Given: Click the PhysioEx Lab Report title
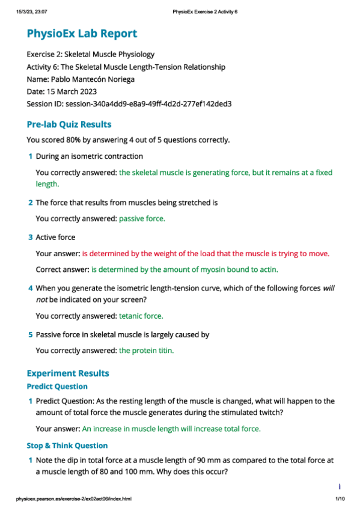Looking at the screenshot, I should pyautogui.click(x=82, y=34).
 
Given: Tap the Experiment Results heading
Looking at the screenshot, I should pyautogui.click(x=68, y=373).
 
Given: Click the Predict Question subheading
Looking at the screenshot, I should pyautogui.click(x=57, y=387).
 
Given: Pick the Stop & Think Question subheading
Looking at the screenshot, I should pyautogui.click(x=67, y=446).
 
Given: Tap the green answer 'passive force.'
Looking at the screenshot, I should pyautogui.click(x=142, y=218).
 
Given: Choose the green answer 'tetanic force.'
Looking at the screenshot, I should pyautogui.click(x=141, y=315).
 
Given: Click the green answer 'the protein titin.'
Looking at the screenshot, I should pyautogui.click(x=146, y=351).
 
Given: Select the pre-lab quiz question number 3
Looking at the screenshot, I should pyautogui.click(x=31, y=238).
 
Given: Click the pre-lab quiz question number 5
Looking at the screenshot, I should pyautogui.click(x=31, y=334).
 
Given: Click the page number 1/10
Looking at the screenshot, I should pyautogui.click(x=338, y=499).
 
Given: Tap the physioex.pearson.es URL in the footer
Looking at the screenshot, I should pyautogui.click(x=74, y=499).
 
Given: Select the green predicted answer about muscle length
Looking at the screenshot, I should pyautogui.click(x=171, y=429).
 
